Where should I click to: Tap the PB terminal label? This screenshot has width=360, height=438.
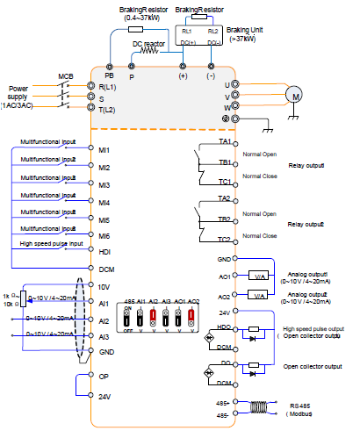(x=109, y=76)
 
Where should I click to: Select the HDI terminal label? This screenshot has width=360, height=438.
(x=104, y=250)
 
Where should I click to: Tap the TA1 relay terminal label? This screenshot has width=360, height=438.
(x=224, y=141)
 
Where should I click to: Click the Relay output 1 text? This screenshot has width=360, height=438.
(x=306, y=165)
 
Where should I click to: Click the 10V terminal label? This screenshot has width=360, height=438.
(x=104, y=287)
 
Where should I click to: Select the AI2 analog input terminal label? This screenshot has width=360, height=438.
(x=104, y=320)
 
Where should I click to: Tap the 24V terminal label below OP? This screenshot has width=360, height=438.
(x=104, y=396)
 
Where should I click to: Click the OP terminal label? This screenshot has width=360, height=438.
(x=104, y=376)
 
